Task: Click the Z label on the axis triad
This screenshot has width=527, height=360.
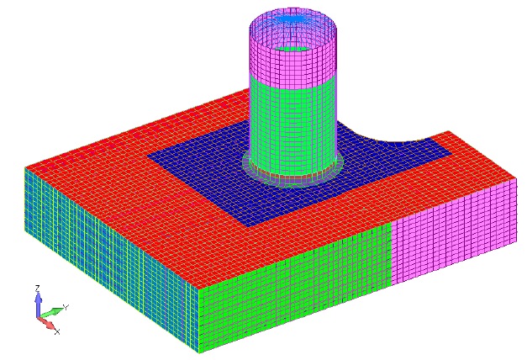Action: pyautogui.click(x=38, y=289)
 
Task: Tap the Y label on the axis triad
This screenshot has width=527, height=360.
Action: pyautogui.click(x=66, y=307)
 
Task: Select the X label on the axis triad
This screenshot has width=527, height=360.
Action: pyautogui.click(x=57, y=331)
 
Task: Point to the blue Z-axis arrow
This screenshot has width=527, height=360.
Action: pyautogui.click(x=39, y=304)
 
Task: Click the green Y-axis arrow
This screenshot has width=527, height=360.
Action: pyautogui.click(x=52, y=312)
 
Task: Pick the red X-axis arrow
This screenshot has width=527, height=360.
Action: pyautogui.click(x=46, y=322)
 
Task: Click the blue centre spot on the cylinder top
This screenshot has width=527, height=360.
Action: pyautogui.click(x=292, y=20)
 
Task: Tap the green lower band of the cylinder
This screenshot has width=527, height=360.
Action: pyautogui.click(x=293, y=124)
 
